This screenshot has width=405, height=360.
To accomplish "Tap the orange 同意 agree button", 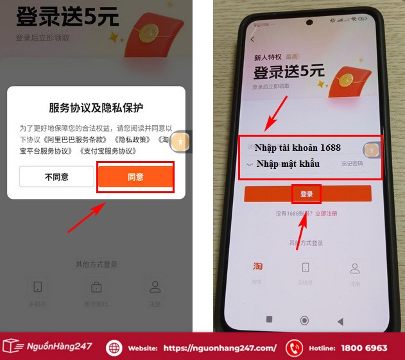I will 135,177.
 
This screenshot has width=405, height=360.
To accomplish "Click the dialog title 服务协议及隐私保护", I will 96,107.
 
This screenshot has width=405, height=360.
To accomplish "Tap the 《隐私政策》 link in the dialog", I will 134,139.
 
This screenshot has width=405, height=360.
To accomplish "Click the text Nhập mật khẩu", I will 288,164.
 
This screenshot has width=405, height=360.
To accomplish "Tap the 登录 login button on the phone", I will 307,194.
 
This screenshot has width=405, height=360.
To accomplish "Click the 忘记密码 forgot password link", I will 352,164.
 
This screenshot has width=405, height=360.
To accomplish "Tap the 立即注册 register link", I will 326,212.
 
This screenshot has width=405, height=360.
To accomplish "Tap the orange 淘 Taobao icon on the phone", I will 257,267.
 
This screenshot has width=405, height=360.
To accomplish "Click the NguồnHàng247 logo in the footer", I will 48,347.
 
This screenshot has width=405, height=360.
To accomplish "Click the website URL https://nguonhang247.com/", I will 220,348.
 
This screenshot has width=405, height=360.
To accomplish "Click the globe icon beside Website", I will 114,348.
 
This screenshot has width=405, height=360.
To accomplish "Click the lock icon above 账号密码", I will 96,286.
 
